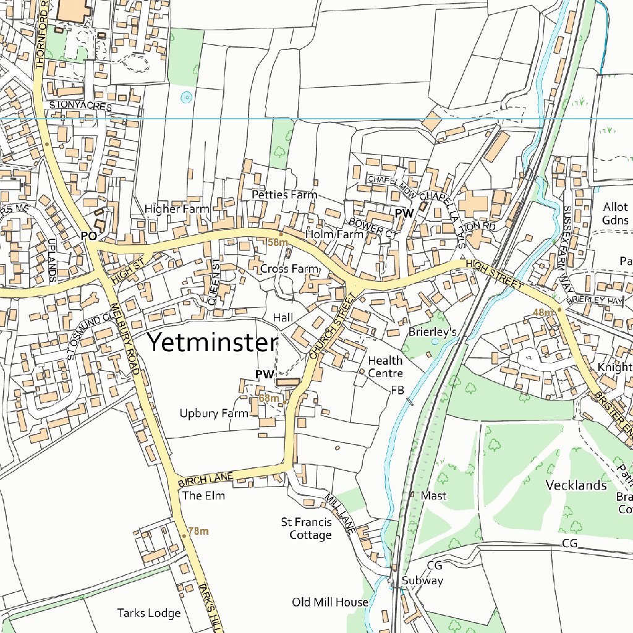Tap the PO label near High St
pyautogui.click(x=88, y=236)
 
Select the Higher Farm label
pyautogui.click(x=177, y=209)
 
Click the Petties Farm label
pyautogui.click(x=284, y=195)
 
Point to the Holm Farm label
pyautogui.click(x=334, y=234)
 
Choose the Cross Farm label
pyautogui.click(x=289, y=269)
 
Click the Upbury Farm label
pyautogui.click(x=214, y=414)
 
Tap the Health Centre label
pyautogui.click(x=385, y=367)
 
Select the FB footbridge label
pyautogui.click(x=397, y=391)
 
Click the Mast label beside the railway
pyautogui.click(x=433, y=496)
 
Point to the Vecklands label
pyautogui.click(x=576, y=485)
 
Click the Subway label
pyautogui.click(x=423, y=580)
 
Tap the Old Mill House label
pyautogui.click(x=330, y=602)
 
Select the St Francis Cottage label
pyautogui.click(x=307, y=529)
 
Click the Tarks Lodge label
pyautogui.click(x=149, y=613)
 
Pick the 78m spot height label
pyautogui.click(x=198, y=531)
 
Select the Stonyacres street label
pyautogui.click(x=80, y=106)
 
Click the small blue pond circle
pyautogui.click(x=186, y=97)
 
